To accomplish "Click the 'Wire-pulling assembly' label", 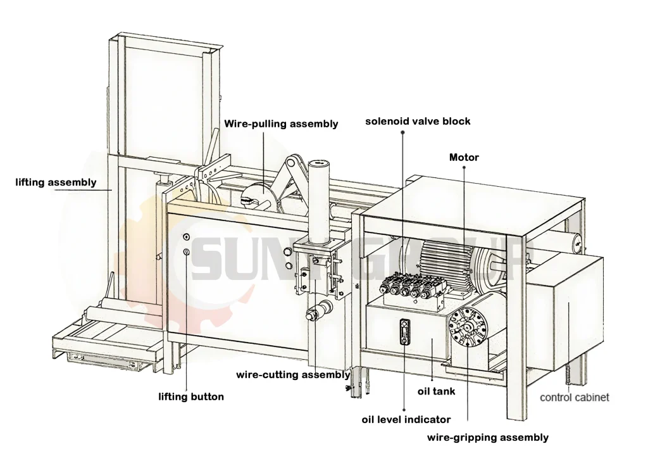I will [x=281, y=123].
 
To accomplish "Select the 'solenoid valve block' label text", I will [x=418, y=121].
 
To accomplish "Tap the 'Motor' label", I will [x=464, y=157].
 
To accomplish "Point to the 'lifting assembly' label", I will [x=56, y=182].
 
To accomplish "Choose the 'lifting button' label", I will [x=190, y=397].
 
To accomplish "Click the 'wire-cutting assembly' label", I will [x=293, y=374].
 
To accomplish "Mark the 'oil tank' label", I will [x=436, y=391].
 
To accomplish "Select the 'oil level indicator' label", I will [x=406, y=419].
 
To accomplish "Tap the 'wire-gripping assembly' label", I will [x=487, y=437].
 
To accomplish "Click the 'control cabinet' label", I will [x=574, y=397].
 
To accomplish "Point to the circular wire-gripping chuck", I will [x=470, y=326].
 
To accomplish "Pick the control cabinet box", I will [x=566, y=310].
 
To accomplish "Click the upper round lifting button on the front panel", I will [x=186, y=237].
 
